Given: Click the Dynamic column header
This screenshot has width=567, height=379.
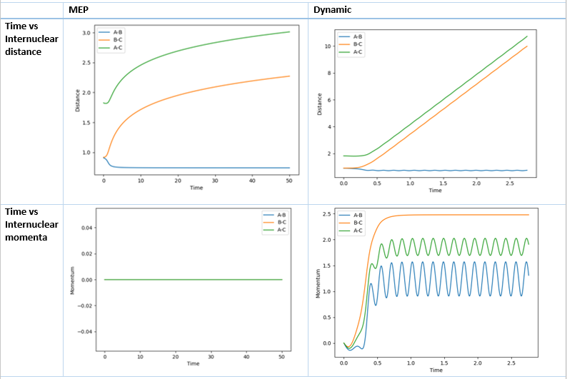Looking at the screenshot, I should point(331,10).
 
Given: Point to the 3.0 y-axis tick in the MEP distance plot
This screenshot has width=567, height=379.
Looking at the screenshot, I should point(86,34).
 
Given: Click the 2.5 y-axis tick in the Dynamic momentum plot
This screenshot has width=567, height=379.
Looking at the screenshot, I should point(328,215).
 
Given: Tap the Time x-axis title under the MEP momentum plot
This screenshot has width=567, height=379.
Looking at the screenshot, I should point(193,363).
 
